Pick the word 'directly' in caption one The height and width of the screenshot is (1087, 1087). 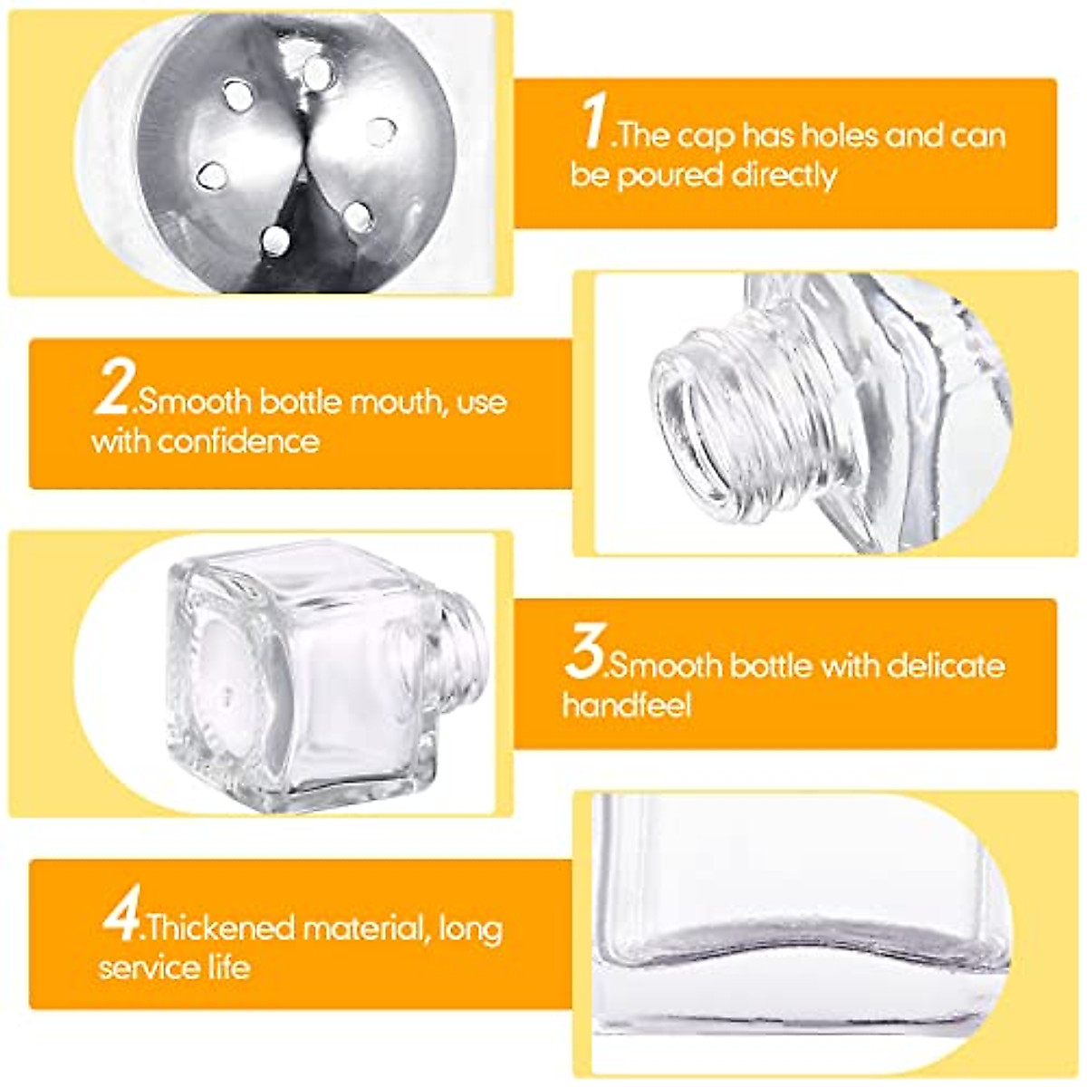[x=784, y=176]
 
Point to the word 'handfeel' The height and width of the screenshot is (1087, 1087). [x=627, y=706]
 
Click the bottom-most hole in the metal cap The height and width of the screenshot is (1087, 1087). [x=274, y=241]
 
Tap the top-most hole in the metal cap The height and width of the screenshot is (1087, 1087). [x=317, y=72]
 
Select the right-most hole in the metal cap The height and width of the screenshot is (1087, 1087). [x=381, y=132]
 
